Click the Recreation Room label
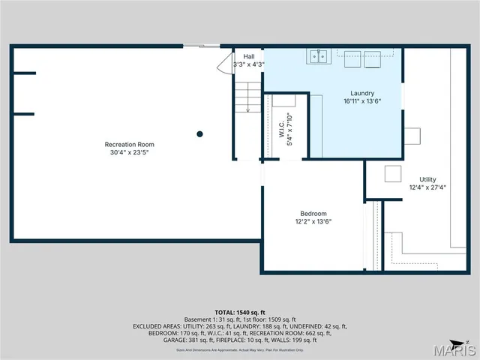pos(129,144)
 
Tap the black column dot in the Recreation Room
pos(199,134)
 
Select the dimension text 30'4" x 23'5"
pos(129,152)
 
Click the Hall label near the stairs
pos(248,56)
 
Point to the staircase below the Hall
pos(247,97)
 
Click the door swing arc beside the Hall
pos(224,64)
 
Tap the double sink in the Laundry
pos(319,57)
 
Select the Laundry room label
pos(362,93)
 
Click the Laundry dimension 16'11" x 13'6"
pos(362,101)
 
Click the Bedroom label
pos(313,214)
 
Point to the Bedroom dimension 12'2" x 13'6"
pos(313,222)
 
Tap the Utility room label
pos(427,179)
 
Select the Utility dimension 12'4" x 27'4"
pos(427,187)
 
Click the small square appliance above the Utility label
pos(393,173)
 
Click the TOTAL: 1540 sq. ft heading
pos(239,312)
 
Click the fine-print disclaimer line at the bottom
pos(239,349)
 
